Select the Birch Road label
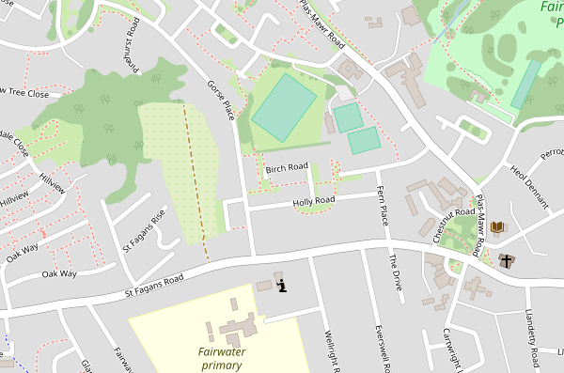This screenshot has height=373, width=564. [x=287, y=168]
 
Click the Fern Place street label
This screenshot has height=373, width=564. [x=383, y=206]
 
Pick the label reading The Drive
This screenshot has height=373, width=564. [x=396, y=272]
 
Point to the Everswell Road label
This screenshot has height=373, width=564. [x=383, y=348]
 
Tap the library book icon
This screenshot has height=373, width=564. [x=497, y=227]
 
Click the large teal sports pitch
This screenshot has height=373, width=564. [x=284, y=108]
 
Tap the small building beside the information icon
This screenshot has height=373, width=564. [x=263, y=286]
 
